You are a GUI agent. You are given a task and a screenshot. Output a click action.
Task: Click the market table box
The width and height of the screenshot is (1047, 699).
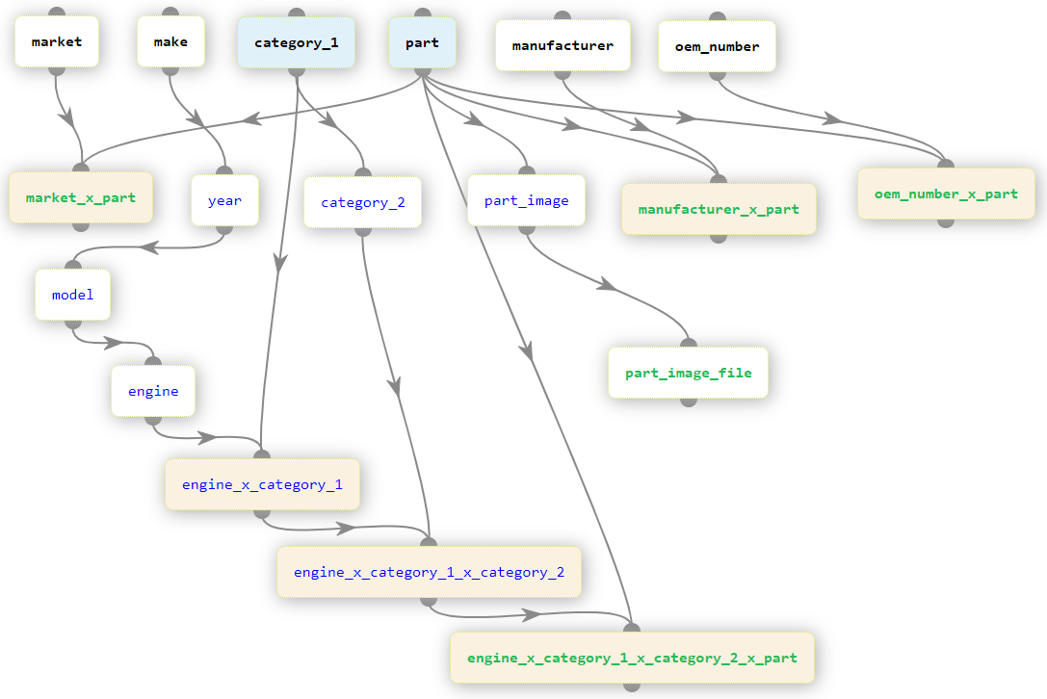[x=57, y=42]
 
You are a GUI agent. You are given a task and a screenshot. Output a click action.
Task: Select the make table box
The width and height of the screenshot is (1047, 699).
[x=170, y=42]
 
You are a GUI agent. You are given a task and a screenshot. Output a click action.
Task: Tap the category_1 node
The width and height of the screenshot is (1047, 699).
[x=296, y=43]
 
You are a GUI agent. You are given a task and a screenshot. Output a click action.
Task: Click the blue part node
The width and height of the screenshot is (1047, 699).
[x=422, y=43]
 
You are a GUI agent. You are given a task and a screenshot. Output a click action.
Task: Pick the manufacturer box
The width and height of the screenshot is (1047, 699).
[x=563, y=45]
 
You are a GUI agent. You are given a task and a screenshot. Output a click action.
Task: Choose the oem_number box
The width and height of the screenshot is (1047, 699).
[x=717, y=46]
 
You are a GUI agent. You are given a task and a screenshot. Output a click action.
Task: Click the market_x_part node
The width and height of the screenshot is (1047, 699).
[x=81, y=197]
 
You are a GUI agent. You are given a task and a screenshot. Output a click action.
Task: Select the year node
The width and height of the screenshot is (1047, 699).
[x=224, y=200]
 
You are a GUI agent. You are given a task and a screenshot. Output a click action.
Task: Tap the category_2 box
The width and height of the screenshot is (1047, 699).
[x=362, y=202]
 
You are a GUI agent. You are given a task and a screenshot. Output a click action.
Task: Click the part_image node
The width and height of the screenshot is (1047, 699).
[x=526, y=200]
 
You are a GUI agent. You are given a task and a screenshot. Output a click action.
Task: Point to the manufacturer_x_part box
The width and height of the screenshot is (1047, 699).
[x=719, y=209]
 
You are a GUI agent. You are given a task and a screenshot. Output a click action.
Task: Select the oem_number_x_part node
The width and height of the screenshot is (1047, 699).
[x=946, y=194]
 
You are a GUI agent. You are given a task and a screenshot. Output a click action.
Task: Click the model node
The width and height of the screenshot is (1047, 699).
[x=73, y=295]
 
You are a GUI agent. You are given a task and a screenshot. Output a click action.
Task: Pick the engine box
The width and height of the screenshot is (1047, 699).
[x=153, y=391]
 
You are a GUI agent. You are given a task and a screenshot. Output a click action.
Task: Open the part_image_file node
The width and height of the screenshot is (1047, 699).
[x=688, y=373]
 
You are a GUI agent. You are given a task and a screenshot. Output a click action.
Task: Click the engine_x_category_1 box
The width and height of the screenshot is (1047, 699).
[x=262, y=484]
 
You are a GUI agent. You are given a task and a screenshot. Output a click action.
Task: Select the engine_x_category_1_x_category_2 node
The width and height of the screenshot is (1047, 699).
[x=429, y=572]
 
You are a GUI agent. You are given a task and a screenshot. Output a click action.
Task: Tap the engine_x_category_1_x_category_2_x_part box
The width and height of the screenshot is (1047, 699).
[x=632, y=658]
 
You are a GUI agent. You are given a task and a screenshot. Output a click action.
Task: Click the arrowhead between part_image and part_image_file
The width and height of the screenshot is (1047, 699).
[x=606, y=285]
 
